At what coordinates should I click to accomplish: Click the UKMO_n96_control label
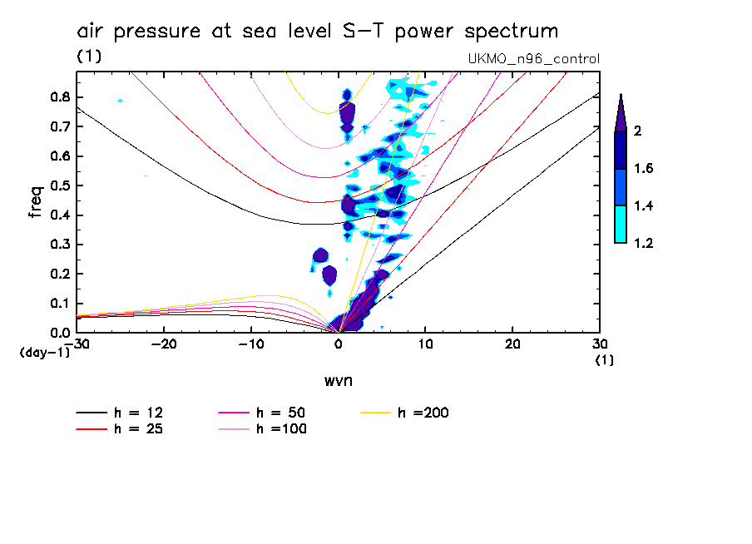point(534,59)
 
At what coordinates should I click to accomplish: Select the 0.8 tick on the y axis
point(57,96)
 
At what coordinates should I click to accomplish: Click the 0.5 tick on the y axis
point(57,185)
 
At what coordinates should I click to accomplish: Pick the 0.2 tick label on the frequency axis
point(57,274)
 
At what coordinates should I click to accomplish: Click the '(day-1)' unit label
point(44,353)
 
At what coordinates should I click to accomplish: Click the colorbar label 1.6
point(644,169)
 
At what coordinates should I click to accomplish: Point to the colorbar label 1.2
point(644,244)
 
